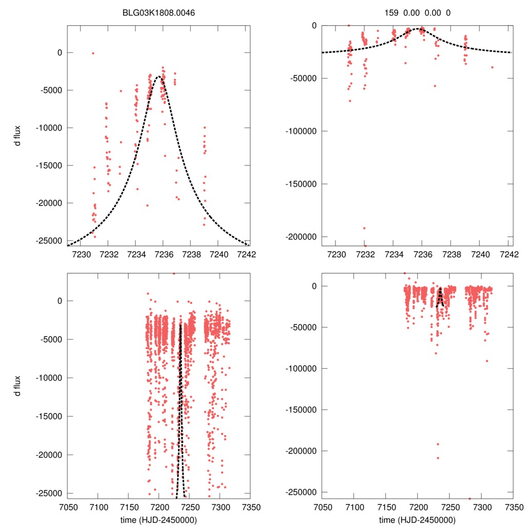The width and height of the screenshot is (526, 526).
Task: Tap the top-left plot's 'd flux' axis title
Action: click(x=17, y=135)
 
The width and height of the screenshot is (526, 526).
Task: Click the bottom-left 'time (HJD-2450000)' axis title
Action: click(x=159, y=520)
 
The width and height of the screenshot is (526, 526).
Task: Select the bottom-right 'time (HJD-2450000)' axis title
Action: click(x=417, y=520)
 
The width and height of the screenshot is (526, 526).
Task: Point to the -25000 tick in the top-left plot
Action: click(x=50, y=241)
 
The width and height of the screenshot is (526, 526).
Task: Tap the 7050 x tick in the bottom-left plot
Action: click(x=67, y=507)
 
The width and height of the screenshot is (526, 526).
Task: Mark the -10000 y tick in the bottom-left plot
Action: click(x=50, y=378)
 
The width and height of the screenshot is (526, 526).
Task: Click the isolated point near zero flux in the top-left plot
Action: click(x=93, y=53)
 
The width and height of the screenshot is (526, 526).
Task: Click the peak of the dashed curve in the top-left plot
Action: click(x=159, y=77)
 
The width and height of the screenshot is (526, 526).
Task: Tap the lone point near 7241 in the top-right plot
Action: click(x=492, y=67)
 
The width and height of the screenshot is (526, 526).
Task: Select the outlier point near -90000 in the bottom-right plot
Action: click(x=487, y=361)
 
